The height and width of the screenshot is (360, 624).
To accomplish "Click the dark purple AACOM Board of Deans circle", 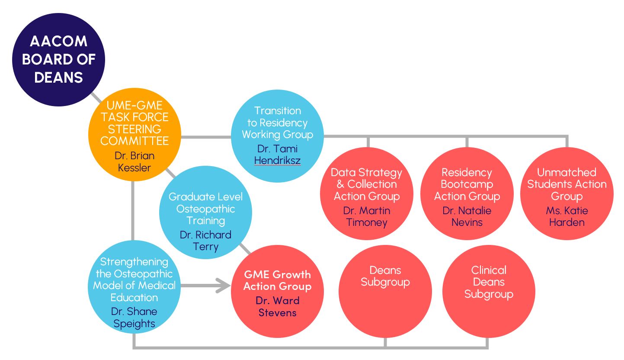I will pos(58,60).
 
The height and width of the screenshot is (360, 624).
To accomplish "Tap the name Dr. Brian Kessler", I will pos(134,161).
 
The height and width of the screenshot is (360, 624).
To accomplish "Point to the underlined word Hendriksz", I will pos(277,161).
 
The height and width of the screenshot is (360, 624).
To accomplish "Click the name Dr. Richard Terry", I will pos(205,241).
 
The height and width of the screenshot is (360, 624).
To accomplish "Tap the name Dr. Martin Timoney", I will pos(366,216).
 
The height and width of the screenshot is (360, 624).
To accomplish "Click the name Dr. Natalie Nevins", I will pos(467,216).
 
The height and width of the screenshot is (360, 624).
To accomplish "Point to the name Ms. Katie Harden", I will pos(566,216).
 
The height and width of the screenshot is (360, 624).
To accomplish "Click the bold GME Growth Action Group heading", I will pos(277,280).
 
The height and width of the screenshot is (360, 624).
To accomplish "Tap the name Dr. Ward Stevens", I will pos(277,306).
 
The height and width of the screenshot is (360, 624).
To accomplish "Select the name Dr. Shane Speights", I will pos(134,318).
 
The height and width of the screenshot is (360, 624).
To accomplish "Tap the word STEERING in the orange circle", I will pos(134,129).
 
